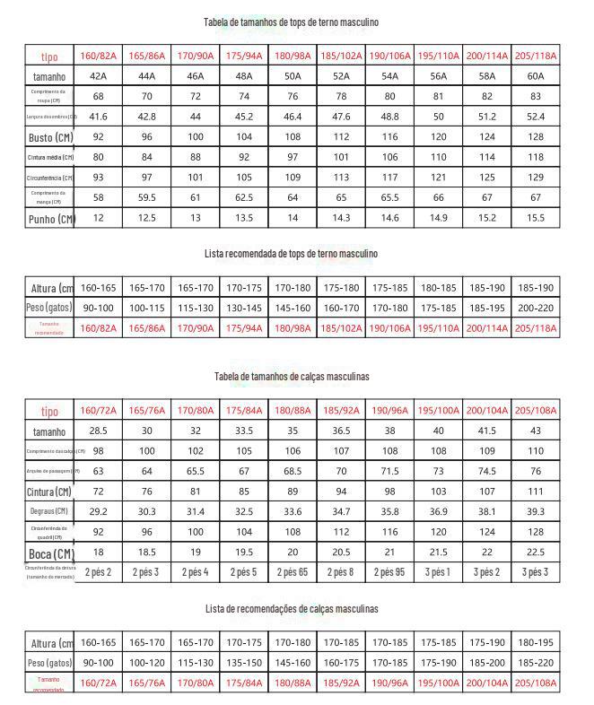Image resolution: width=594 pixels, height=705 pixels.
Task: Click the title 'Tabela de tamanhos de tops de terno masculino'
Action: pos(297,21)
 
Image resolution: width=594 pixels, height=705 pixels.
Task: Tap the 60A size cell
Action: pos(535,76)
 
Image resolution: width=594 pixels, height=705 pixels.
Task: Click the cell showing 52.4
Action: pos(535,117)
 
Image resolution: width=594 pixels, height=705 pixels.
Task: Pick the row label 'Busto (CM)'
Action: pos(50,137)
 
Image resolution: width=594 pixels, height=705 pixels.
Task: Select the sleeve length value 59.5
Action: pos(146,196)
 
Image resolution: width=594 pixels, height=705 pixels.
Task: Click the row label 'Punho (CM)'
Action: pos(50,218)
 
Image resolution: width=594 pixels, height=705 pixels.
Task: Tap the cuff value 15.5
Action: pos(535,218)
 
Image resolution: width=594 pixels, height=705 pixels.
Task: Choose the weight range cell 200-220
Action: pos(535,308)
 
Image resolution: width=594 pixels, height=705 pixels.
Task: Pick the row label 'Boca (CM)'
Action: pos(50,553)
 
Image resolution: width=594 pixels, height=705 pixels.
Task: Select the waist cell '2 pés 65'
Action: pos(292,571)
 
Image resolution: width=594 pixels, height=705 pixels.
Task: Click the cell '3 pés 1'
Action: pos(437,571)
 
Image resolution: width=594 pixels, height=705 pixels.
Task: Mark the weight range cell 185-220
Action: pos(535,663)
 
